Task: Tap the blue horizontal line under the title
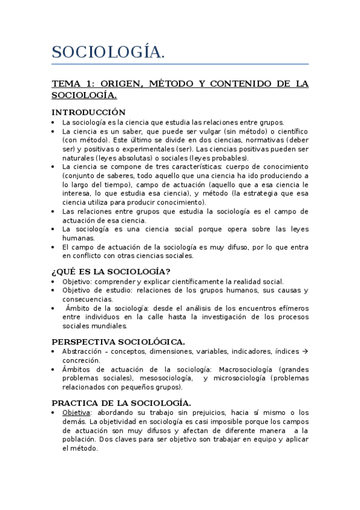180,64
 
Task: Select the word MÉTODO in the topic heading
166,84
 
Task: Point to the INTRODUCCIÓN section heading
88,112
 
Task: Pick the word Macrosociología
246,369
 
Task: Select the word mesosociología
165,378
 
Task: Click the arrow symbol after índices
304,351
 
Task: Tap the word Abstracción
83,351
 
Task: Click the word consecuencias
87,299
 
